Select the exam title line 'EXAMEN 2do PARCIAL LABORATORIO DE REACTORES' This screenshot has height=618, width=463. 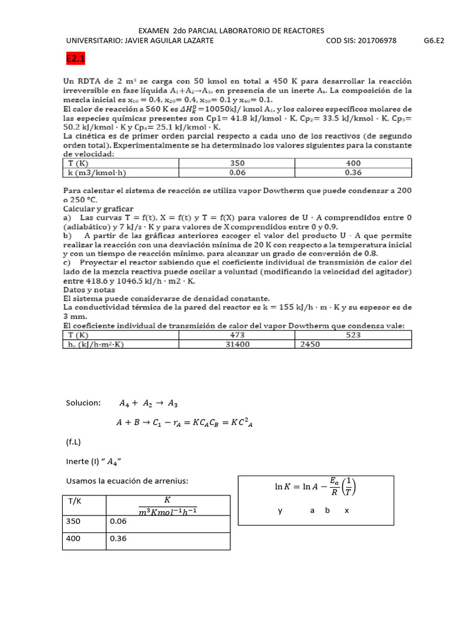(231, 30)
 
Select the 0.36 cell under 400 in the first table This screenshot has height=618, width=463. (353, 173)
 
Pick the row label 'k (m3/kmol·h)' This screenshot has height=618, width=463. (96, 173)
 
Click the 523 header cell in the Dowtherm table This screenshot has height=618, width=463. (353, 335)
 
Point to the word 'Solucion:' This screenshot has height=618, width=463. (83, 403)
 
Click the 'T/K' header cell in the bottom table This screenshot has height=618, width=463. (75, 500)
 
